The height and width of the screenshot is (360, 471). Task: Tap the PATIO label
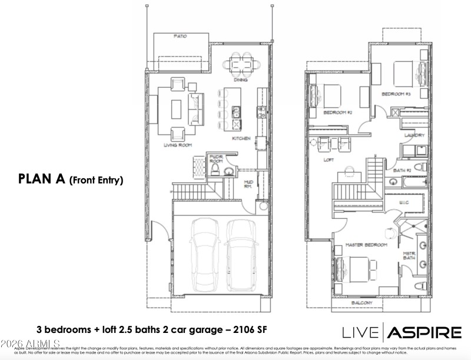(x=181, y=36)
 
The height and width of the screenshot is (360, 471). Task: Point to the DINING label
(x=240, y=80)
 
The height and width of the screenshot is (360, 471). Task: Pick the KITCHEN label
(x=241, y=139)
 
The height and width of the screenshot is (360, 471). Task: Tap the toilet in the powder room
(x=216, y=170)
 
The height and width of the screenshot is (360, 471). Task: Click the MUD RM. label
(x=248, y=184)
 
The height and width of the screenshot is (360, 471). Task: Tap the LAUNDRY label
(x=414, y=135)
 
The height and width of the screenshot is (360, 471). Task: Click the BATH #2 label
(x=402, y=170)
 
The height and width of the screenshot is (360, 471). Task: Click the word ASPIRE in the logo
(x=424, y=332)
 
